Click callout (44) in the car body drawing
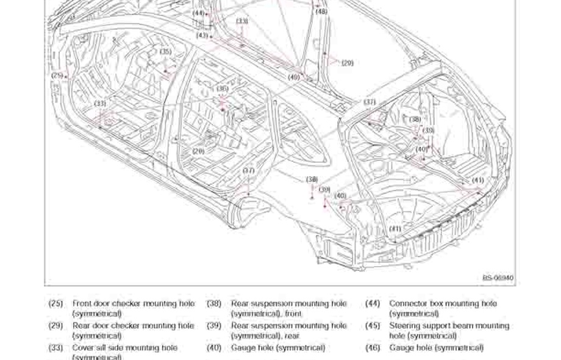(199, 12)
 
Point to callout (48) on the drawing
(321, 11)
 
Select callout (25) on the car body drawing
(57, 76)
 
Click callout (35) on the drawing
(166, 52)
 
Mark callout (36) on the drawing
(223, 88)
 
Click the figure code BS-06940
(498, 278)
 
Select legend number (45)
(373, 326)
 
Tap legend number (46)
(373, 348)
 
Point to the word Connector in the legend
(408, 303)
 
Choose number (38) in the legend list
(213, 303)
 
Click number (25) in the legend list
(55, 303)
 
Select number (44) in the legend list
(373, 303)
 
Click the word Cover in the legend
(84, 348)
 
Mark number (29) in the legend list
(55, 326)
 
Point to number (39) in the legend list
(213, 326)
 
